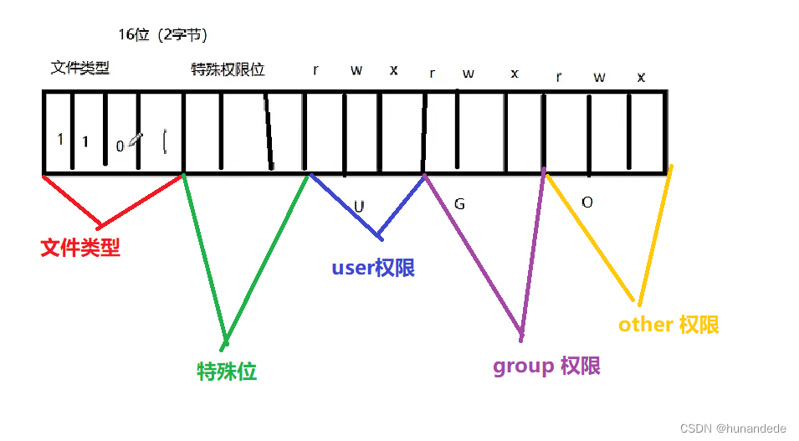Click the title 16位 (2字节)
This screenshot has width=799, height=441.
tap(162, 35)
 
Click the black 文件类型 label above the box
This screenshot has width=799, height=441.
tap(80, 68)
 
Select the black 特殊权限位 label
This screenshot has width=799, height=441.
tap(228, 70)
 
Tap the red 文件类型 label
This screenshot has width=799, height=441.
tap(80, 248)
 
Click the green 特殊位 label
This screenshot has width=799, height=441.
tap(227, 372)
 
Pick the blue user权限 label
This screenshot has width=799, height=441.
tap(373, 269)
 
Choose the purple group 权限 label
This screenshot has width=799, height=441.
tap(546, 367)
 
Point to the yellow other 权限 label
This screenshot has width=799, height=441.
tap(668, 325)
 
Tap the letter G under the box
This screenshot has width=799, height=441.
tap(458, 203)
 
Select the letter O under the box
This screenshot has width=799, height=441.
tap(586, 203)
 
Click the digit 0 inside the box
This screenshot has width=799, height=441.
tap(120, 146)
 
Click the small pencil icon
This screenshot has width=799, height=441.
tap(135, 140)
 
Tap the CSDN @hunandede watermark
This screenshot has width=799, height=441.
tap(733, 428)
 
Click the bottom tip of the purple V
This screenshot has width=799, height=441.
tap(522, 336)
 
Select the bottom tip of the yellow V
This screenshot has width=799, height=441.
tap(639, 302)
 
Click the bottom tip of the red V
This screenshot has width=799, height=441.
tap(100, 226)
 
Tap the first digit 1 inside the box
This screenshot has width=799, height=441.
tap(60, 139)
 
